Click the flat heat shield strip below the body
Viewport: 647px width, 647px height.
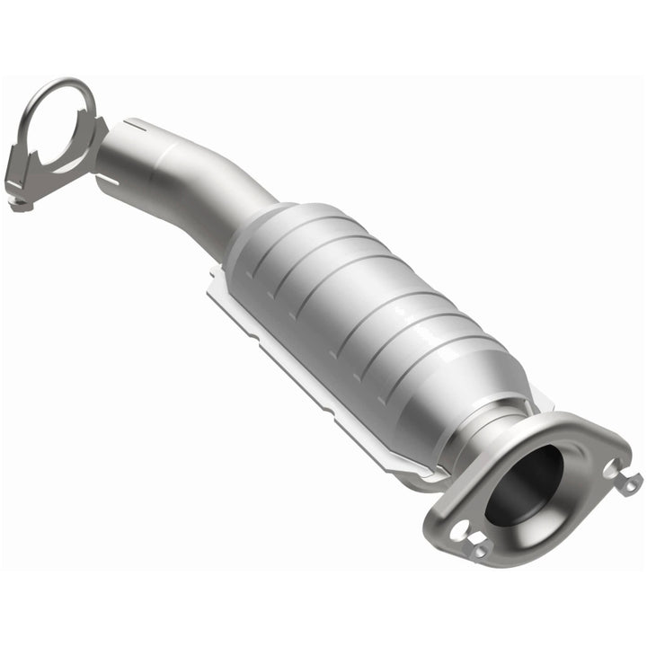(x=297, y=359)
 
